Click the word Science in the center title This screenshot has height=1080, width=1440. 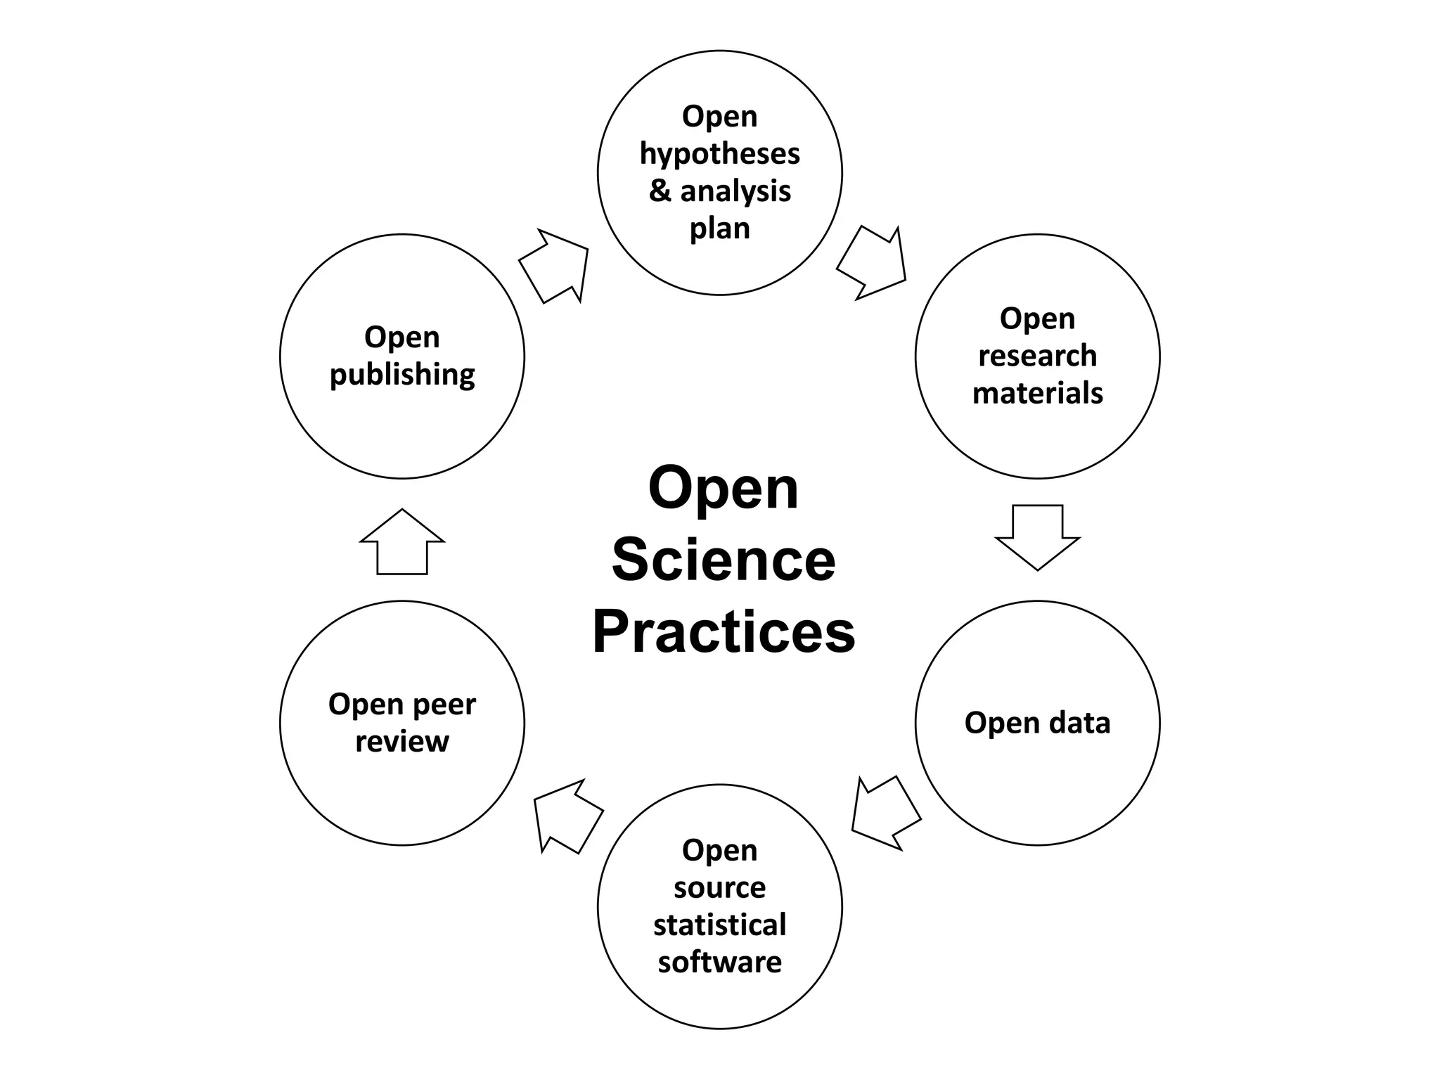click(724, 560)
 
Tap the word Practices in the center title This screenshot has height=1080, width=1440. click(724, 631)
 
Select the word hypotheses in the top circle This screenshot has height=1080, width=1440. click(719, 154)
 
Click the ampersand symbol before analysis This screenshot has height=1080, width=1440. click(660, 191)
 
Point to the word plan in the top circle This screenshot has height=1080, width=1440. click(719, 229)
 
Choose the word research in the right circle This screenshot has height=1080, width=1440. click(1037, 356)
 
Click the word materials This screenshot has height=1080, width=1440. click(1037, 393)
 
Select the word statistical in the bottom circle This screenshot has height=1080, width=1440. click(719, 925)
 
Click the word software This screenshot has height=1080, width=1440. click(719, 962)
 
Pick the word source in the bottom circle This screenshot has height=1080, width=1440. click(719, 887)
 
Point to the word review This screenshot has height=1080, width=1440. click(401, 741)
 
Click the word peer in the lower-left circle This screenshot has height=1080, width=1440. click(442, 705)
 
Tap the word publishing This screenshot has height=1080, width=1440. click(402, 375)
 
